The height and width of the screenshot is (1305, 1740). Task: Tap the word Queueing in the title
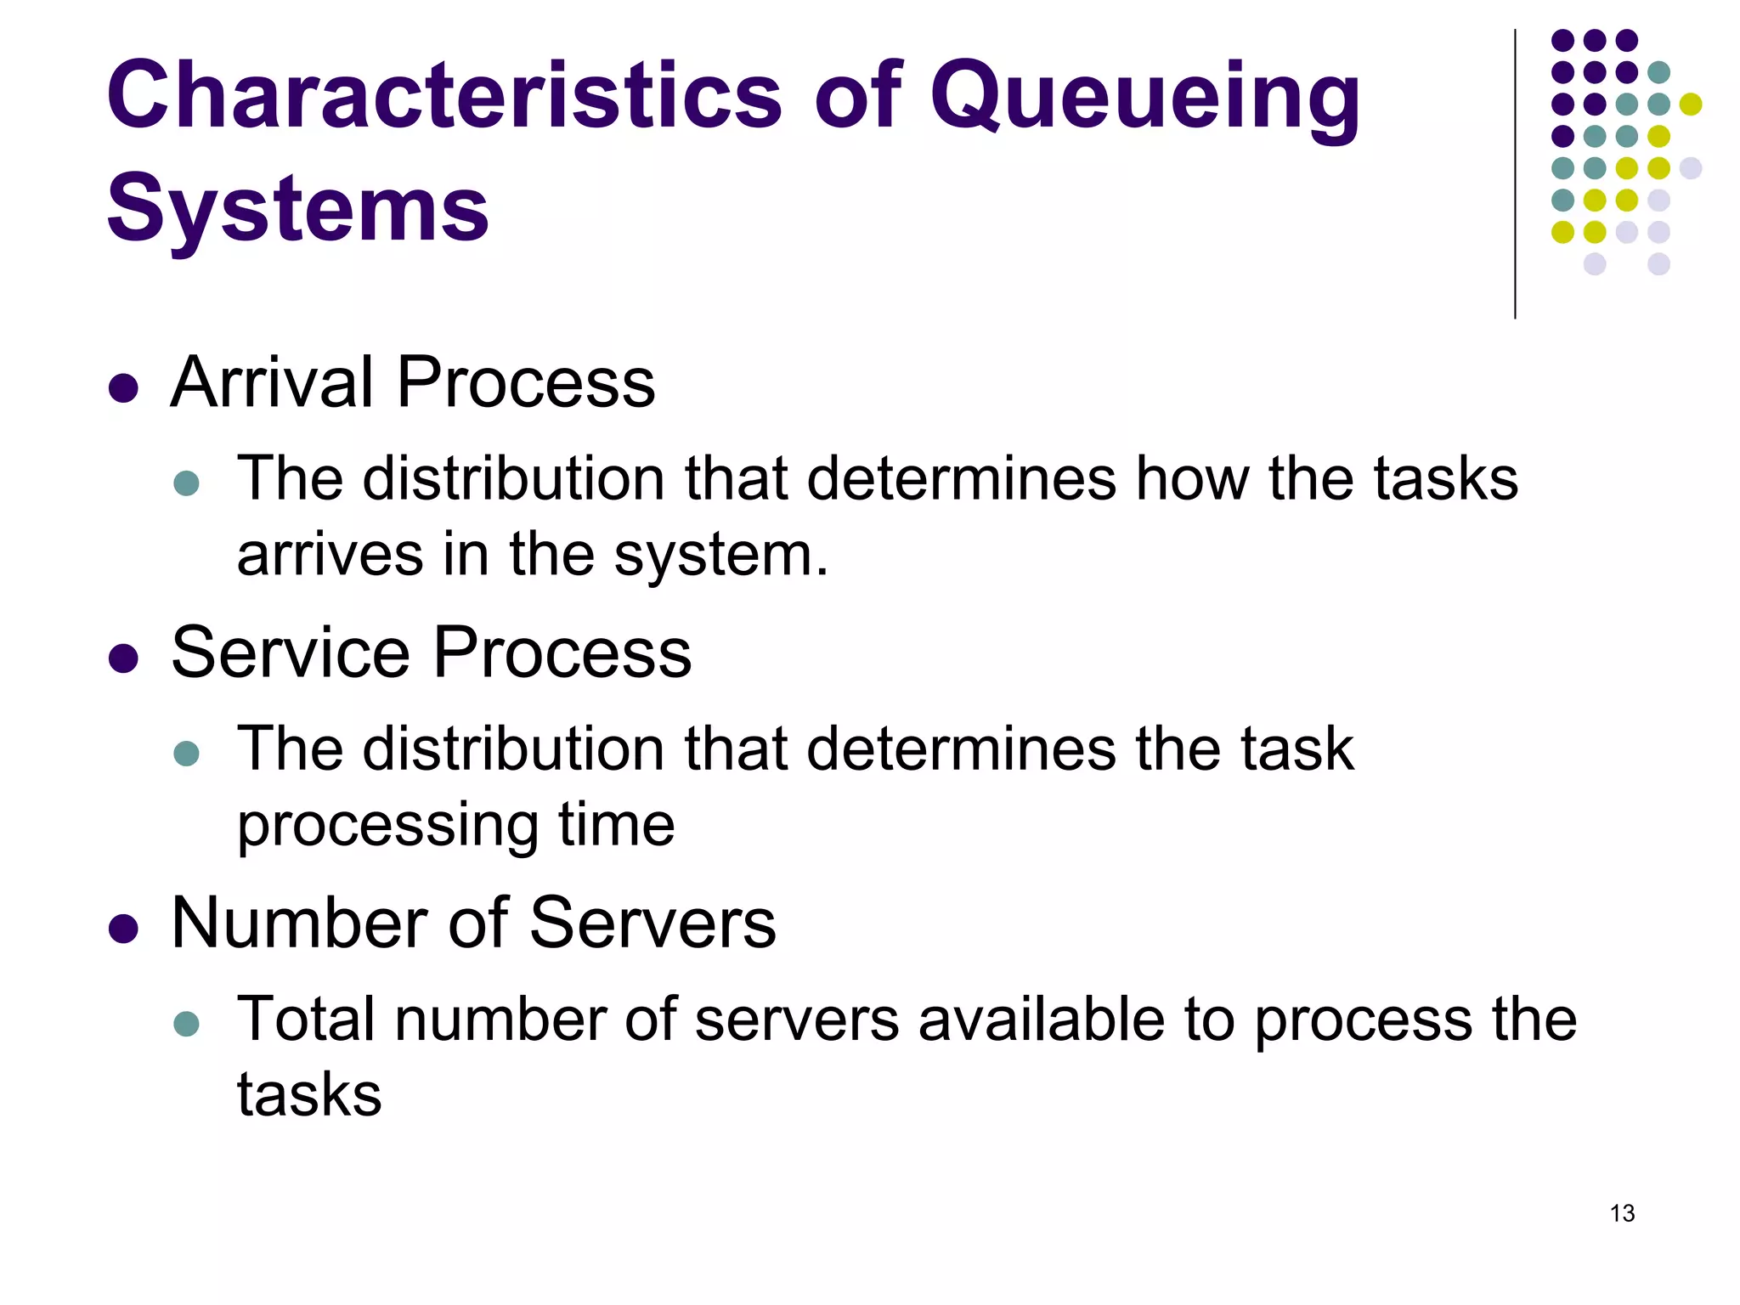coord(1144,98)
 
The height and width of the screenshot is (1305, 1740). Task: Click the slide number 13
coord(1622,1213)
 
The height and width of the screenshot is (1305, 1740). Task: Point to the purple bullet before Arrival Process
coord(124,388)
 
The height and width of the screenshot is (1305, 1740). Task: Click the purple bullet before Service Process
coord(124,658)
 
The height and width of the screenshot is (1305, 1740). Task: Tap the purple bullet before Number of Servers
coord(124,929)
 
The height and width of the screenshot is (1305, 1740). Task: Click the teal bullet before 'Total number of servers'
coord(186,1023)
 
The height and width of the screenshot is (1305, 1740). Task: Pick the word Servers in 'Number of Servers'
coord(652,924)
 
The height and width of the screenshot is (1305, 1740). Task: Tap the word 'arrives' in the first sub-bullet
coord(330,556)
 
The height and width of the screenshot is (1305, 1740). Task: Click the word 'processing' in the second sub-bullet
coord(387,826)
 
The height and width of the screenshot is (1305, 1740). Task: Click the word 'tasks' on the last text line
coord(309,1095)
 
